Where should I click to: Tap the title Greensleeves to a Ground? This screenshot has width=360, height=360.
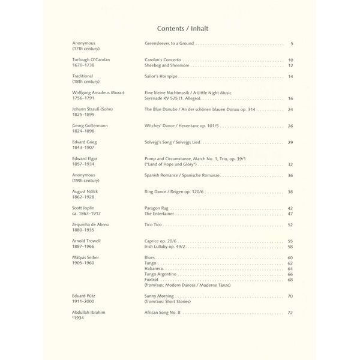(169, 44)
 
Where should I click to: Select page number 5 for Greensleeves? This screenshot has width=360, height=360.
(291, 44)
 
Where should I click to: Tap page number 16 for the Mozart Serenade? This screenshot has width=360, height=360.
(290, 98)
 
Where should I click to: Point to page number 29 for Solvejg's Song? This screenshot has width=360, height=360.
(290, 142)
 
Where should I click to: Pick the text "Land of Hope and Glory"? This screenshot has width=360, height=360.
(170, 164)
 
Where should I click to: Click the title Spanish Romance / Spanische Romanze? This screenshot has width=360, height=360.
(182, 175)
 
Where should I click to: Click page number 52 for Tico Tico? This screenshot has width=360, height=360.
(290, 224)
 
